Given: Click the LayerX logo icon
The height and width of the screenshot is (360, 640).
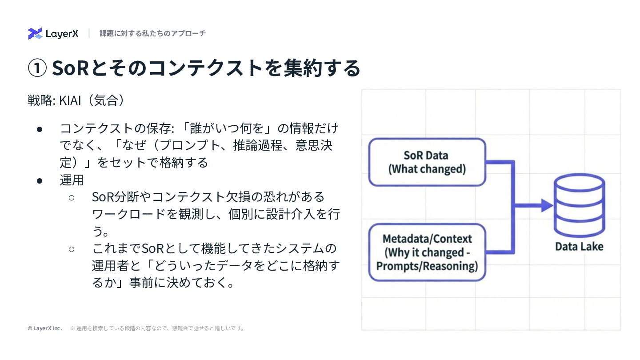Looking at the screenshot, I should (x=35, y=33).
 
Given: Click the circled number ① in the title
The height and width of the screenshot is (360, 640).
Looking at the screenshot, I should (x=37, y=68).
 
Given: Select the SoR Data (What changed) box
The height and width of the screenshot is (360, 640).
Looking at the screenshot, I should (x=427, y=162).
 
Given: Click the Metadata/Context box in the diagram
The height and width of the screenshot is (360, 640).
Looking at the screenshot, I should (x=427, y=252).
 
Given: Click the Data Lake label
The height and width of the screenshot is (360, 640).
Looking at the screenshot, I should (x=579, y=246).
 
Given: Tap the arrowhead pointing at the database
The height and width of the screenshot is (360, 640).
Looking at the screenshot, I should (x=545, y=205).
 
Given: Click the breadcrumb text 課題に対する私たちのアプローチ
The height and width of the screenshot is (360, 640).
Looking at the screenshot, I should (x=152, y=33).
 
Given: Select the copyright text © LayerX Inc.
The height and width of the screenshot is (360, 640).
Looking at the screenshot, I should (x=44, y=328).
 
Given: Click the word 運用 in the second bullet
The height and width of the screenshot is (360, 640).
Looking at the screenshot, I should (x=72, y=180).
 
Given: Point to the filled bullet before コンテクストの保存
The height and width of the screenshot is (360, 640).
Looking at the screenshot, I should (x=40, y=129).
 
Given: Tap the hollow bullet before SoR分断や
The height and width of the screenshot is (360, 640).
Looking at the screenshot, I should (x=72, y=197).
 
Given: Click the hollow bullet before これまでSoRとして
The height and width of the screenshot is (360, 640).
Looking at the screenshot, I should (x=72, y=248).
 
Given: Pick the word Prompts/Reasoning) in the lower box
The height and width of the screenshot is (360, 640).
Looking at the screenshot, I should (x=427, y=266).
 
